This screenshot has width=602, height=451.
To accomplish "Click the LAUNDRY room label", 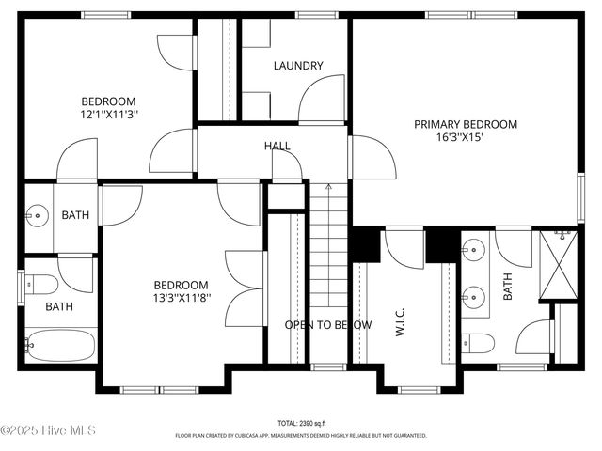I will [298, 66].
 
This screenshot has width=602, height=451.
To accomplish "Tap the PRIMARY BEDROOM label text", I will [466, 124].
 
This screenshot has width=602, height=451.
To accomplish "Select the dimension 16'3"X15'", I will [466, 137].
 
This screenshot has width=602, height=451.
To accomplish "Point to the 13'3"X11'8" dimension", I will [182, 299].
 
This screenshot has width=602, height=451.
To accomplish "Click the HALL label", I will [277, 146].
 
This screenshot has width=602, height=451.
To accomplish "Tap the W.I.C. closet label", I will [400, 324].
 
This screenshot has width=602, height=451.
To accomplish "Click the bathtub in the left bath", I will [61, 345].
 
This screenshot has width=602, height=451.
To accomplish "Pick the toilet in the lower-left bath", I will [42, 283].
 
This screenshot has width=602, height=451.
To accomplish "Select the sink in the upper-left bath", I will [39, 215].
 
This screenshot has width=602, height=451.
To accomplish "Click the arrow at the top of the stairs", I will [328, 187].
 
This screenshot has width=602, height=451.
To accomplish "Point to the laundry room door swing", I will [322, 99].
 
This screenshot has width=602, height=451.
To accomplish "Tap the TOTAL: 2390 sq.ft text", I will [300, 424].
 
